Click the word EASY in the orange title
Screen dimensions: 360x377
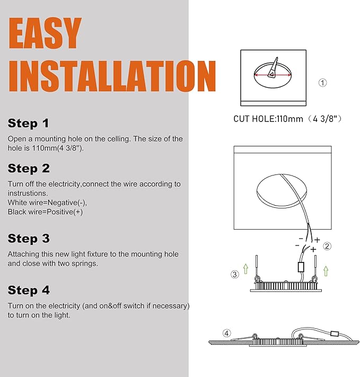click(x=45, y=33)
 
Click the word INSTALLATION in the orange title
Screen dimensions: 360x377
click(x=112, y=76)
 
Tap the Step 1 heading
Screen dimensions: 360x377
click(x=29, y=124)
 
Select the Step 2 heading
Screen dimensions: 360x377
click(x=29, y=168)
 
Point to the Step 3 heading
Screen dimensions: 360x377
click(x=29, y=239)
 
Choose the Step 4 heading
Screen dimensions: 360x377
click(x=29, y=290)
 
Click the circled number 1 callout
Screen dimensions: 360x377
click(x=322, y=83)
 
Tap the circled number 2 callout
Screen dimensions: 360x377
click(x=327, y=246)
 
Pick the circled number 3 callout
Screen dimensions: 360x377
click(x=235, y=274)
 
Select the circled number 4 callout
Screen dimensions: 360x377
click(x=226, y=333)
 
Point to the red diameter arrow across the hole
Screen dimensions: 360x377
click(x=273, y=75)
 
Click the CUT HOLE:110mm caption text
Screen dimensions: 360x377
click(x=268, y=119)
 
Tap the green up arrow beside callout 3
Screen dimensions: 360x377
click(x=245, y=269)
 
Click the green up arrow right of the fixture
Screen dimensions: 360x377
click(x=326, y=271)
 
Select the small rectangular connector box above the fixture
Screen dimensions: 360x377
click(x=301, y=267)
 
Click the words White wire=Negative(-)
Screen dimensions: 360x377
click(x=47, y=203)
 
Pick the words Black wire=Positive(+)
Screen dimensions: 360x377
click(x=45, y=212)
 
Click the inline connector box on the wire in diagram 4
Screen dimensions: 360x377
click(x=335, y=334)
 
